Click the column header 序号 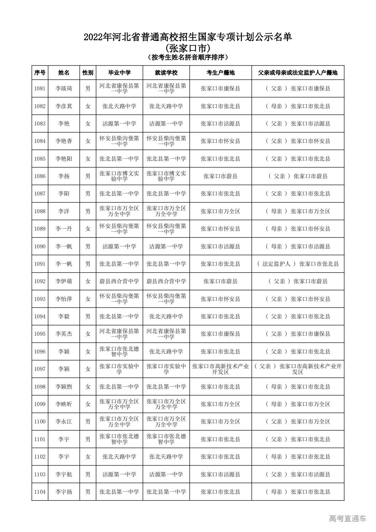(x=40, y=73)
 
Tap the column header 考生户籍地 (x=220, y=73)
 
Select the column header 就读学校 (x=166, y=73)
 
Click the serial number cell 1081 (x=40, y=88)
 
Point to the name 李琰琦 (x=64, y=88)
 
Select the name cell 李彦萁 (x=64, y=106)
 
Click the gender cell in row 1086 (x=88, y=176)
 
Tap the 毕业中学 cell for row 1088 (x=119, y=211)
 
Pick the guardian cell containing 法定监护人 (x=298, y=264)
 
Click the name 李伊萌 (x=64, y=281)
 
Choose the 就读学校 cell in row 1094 (x=166, y=316)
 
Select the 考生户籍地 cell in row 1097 (x=220, y=369)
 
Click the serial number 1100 (x=40, y=421)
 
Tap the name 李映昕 (x=64, y=404)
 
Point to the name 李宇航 (x=64, y=474)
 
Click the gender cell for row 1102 (x=88, y=457)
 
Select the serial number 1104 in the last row (x=40, y=492)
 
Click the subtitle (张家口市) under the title (x=188, y=48)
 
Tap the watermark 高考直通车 (x=347, y=519)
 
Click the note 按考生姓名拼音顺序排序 (x=188, y=57)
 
